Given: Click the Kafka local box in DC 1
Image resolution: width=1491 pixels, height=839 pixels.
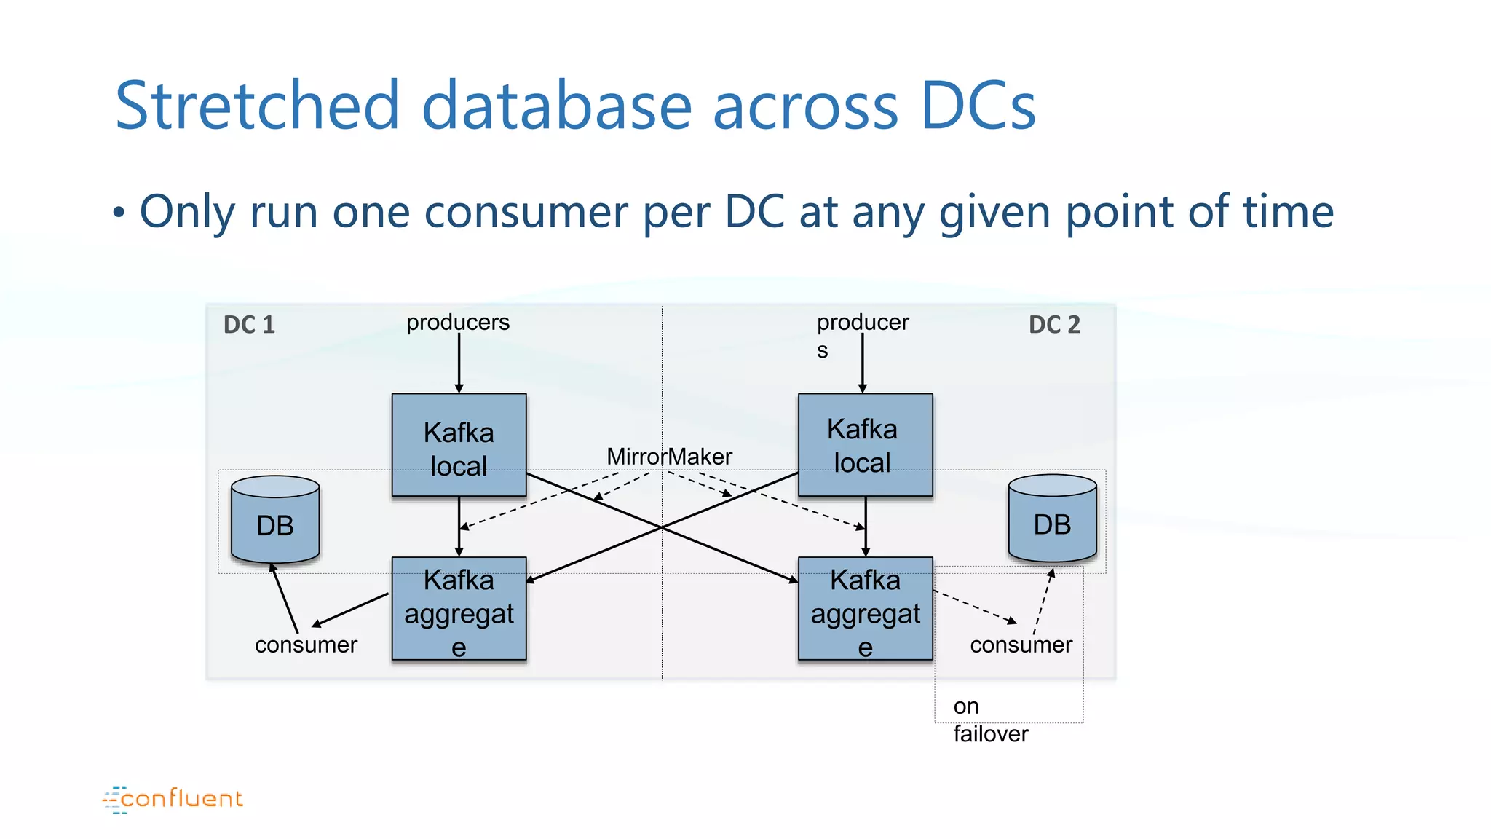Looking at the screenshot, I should (459, 445).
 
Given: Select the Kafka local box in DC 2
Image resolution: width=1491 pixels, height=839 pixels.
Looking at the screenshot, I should (865, 445).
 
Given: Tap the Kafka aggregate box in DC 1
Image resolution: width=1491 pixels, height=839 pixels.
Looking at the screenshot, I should (459, 608).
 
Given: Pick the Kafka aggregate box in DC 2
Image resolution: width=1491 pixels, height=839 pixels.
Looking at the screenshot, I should (865, 608).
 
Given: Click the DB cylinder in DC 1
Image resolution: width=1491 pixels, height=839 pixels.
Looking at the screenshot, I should (275, 521).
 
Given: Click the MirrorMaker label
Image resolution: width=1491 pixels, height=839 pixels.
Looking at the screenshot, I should (669, 457).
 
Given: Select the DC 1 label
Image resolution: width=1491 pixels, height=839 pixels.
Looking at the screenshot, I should (249, 324).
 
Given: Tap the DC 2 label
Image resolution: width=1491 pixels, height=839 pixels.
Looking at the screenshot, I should (1054, 324).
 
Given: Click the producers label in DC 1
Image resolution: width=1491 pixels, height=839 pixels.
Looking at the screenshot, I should (457, 322).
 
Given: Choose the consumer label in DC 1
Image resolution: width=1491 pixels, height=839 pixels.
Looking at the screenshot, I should (306, 645).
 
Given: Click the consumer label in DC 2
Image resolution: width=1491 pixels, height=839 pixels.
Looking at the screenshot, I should (1021, 645).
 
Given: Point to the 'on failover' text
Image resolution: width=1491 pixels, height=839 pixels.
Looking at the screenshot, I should (990, 720).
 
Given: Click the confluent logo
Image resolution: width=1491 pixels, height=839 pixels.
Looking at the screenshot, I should (173, 798).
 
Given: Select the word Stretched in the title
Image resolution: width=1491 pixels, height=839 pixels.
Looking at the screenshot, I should (257, 106).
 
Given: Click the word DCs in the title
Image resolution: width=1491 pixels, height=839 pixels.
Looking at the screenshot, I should (977, 106).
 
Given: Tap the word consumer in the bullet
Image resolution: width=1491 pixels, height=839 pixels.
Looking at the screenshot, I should (524, 212).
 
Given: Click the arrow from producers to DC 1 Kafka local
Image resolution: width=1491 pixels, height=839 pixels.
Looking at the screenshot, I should (459, 363).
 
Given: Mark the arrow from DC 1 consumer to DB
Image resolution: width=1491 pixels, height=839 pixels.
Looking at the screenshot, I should (285, 597).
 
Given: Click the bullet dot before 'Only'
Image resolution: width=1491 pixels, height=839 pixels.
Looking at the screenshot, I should (119, 213).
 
